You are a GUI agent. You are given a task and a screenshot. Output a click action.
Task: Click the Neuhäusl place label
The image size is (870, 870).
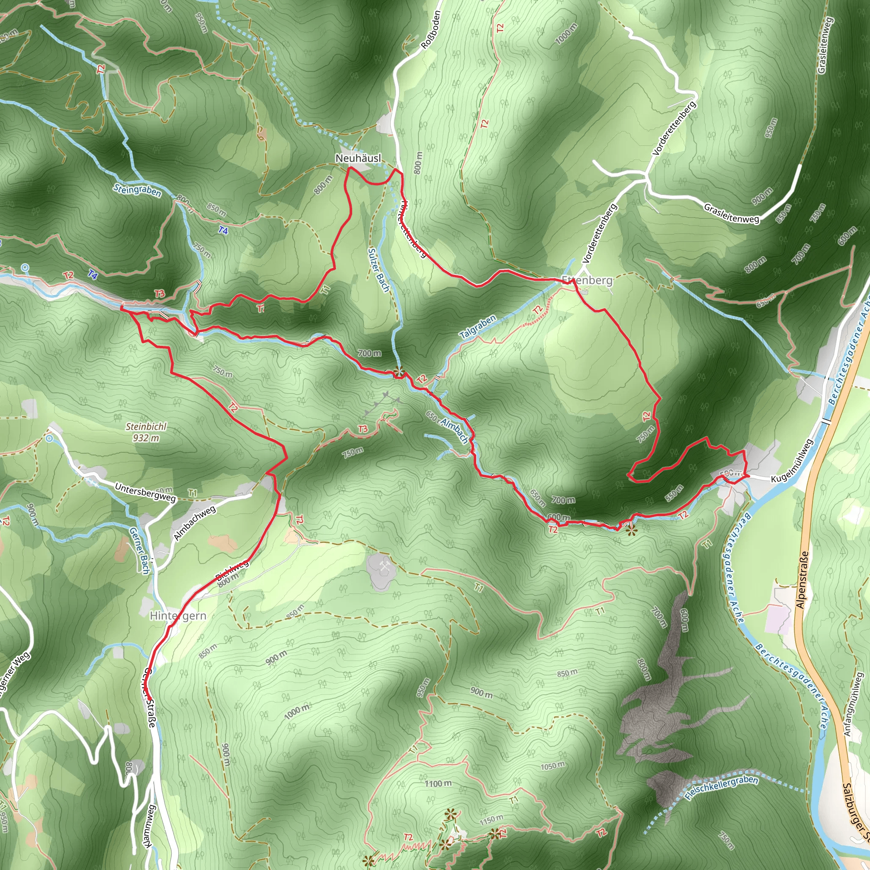[x=358, y=158]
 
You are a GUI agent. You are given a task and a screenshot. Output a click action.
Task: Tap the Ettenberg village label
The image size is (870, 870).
[x=587, y=280]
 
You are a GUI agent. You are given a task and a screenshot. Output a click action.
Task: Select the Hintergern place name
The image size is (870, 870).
[x=178, y=616]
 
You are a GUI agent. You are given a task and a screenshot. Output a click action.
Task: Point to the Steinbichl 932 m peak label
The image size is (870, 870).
[x=146, y=432]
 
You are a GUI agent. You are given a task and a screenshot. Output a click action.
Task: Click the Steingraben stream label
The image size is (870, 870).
[x=137, y=190]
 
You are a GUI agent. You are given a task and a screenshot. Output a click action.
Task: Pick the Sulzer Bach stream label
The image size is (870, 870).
[x=378, y=270]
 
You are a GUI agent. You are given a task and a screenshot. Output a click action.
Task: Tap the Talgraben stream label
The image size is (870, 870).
[x=478, y=327]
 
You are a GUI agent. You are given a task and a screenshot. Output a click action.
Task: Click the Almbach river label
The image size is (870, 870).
[x=455, y=430]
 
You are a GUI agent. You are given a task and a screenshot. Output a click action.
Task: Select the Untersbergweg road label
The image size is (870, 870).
[x=145, y=492]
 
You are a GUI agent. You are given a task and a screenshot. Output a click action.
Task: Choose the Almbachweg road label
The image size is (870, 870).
[x=195, y=523]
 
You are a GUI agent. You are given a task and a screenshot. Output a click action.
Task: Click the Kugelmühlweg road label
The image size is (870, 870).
[x=792, y=461]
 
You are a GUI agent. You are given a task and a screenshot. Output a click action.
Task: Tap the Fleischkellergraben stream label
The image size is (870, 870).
[x=721, y=788]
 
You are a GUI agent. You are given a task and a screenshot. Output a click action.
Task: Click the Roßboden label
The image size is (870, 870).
[x=430, y=30]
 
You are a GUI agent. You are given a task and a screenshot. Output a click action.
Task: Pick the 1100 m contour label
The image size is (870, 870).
[x=438, y=783]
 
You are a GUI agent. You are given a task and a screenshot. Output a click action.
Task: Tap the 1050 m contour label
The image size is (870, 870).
[x=553, y=765]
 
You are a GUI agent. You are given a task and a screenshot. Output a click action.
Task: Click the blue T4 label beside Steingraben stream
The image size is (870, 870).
[x=223, y=231]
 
